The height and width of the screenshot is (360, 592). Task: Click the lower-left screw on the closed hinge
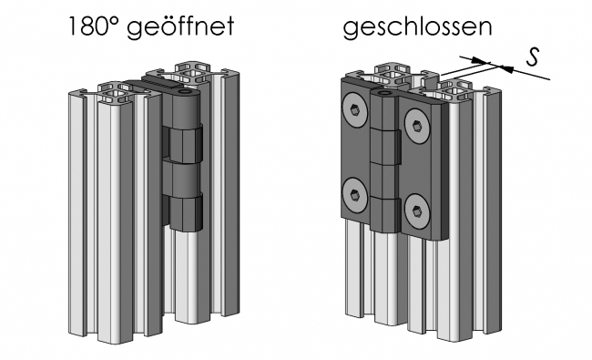[x=354, y=191]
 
